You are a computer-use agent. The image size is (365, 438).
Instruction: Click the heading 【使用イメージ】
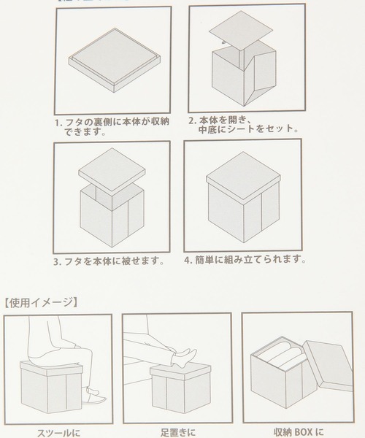(x=42, y=300)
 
